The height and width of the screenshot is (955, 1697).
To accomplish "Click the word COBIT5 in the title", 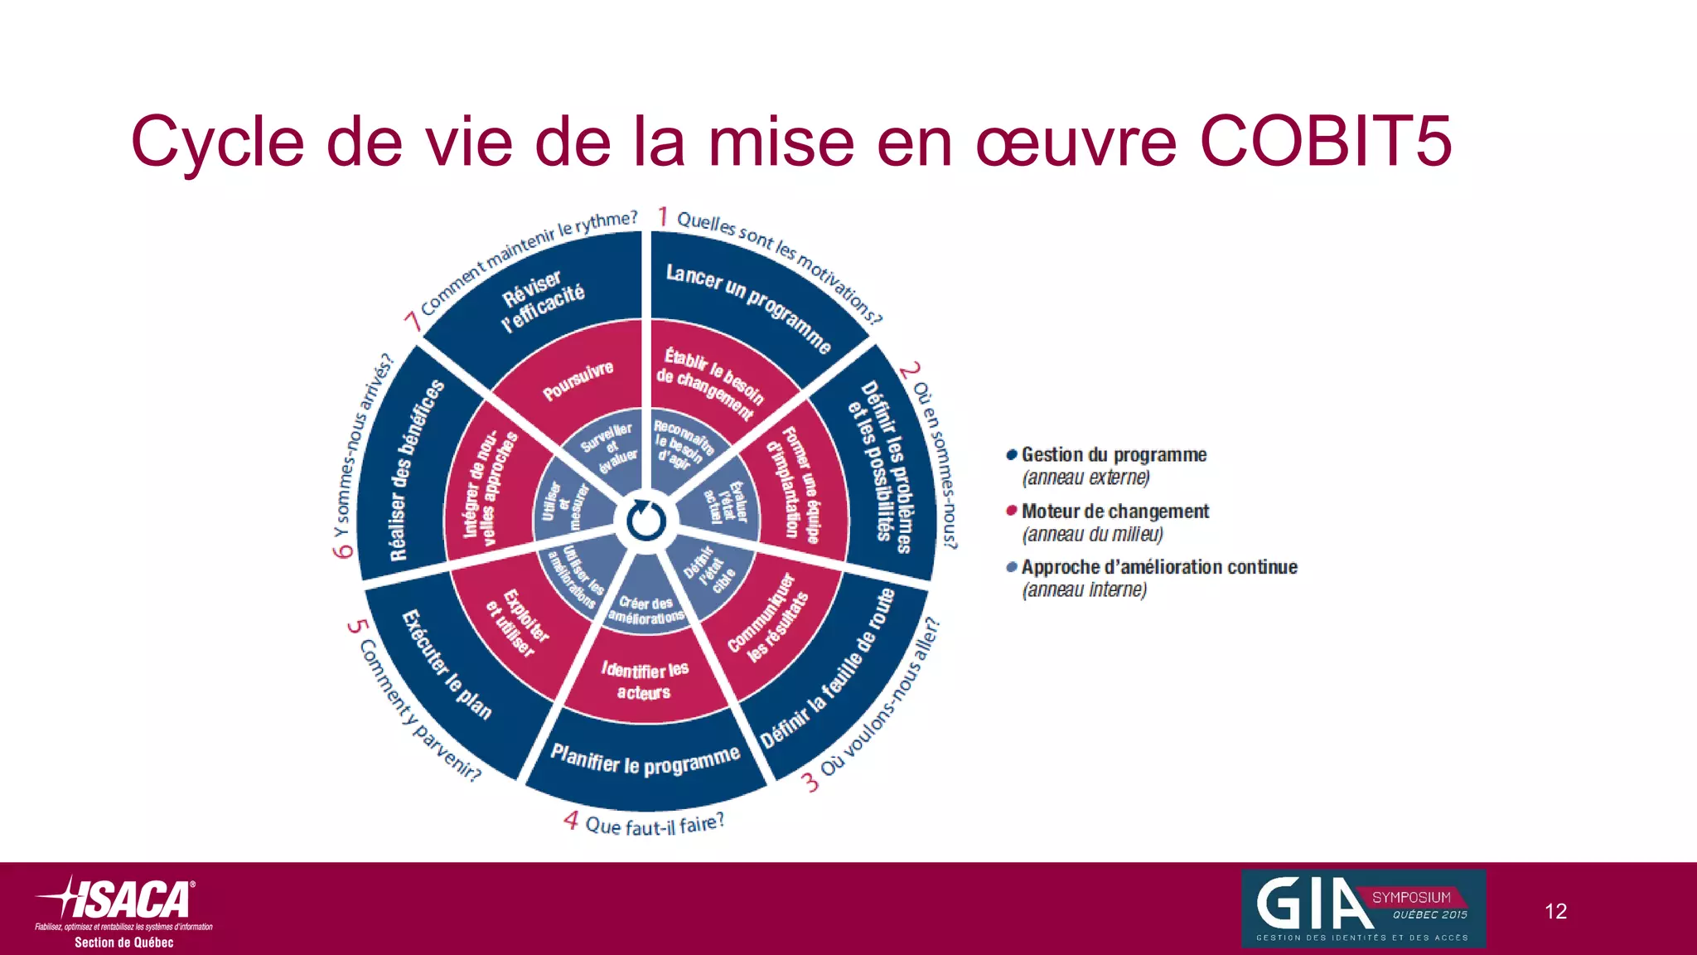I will click(1325, 142).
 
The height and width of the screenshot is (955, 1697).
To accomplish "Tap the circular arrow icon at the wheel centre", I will click(645, 521).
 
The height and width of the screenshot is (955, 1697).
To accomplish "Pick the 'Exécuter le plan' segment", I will click(447, 664).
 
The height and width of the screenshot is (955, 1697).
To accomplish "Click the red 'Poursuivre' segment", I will click(578, 380).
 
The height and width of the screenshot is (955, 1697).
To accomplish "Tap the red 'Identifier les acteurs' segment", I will click(645, 680).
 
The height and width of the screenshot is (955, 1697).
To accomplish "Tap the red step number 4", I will click(570, 821).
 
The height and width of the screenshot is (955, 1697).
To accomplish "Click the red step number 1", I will click(663, 216).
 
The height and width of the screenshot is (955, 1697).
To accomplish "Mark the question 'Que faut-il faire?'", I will click(655, 825).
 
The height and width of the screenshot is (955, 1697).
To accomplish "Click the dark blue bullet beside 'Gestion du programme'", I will click(1011, 455).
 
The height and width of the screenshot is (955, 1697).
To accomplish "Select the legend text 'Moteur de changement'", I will click(1114, 511).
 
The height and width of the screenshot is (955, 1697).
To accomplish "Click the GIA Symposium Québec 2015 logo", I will click(1363, 909).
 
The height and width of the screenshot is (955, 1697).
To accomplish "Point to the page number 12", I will click(1555, 911).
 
